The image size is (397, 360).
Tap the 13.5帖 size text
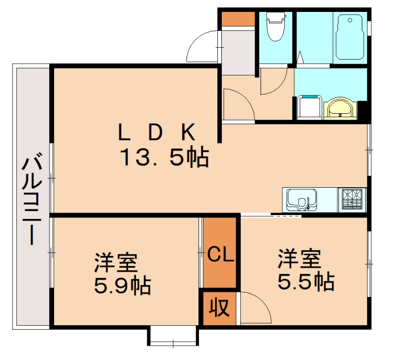(x=164, y=158)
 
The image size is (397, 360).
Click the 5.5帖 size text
(x=305, y=282)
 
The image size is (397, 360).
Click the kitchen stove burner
(x=352, y=200)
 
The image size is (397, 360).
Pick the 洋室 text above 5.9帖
(x=116, y=262)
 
